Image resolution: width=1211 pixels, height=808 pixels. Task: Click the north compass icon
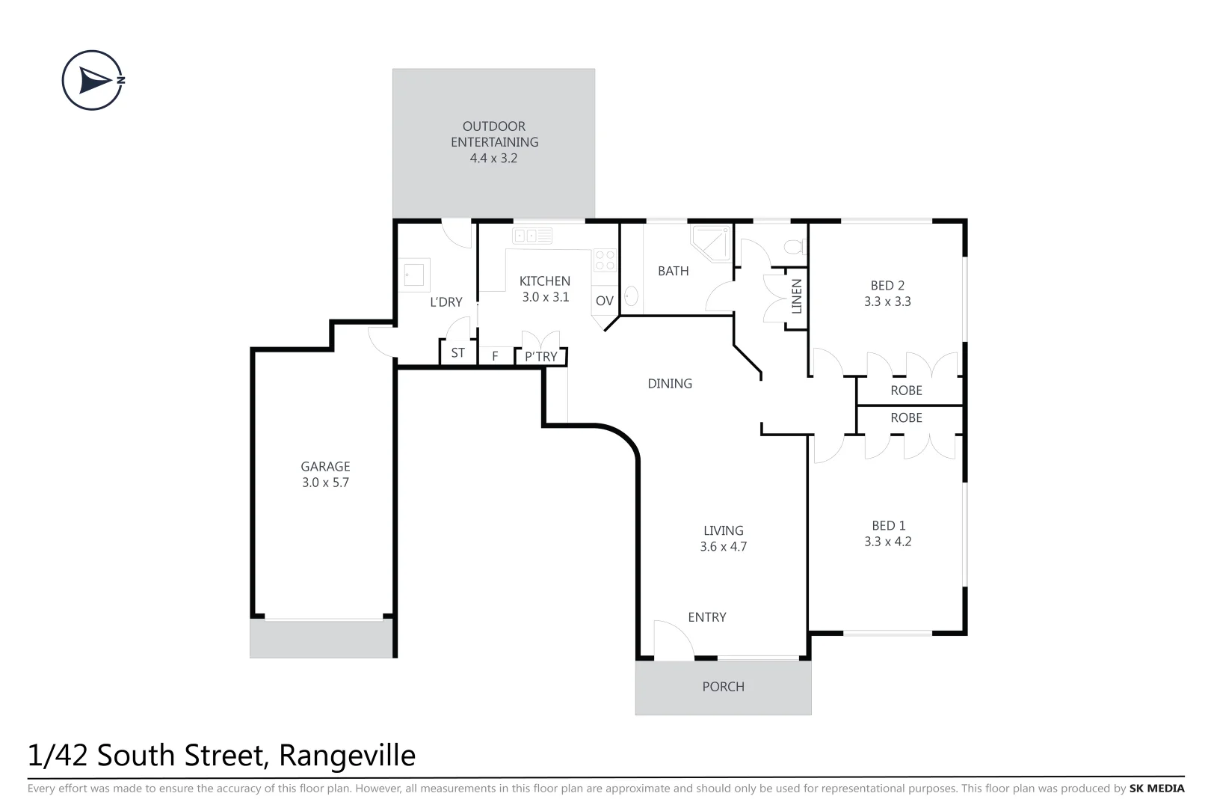tap(93, 81)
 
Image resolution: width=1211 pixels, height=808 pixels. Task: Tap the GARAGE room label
tap(325, 466)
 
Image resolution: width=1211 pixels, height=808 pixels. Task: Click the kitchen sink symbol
tap(532, 236)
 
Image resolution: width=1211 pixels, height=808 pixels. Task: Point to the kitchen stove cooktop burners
tap(605, 260)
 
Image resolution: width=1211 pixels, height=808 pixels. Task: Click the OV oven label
tap(605, 301)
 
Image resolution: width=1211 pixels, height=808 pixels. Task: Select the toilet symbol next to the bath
tap(793, 246)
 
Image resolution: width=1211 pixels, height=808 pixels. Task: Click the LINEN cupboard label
tap(796, 296)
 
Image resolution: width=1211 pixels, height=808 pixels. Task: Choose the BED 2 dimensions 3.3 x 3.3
tap(887, 302)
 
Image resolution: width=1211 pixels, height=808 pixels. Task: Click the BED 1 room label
tap(888, 525)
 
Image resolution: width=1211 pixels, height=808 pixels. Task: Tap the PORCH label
tap(723, 686)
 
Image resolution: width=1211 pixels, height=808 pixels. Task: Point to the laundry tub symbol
tap(414, 275)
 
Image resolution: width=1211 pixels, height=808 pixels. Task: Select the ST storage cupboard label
tap(457, 353)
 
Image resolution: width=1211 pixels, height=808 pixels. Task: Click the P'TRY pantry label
tap(540, 357)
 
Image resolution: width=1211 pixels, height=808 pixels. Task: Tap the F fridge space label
tap(495, 357)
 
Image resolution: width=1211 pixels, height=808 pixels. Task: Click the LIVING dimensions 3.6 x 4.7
tap(723, 547)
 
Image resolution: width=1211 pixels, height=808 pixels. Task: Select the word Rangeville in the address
tap(347, 756)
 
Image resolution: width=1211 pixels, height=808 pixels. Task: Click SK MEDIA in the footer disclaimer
tap(1156, 789)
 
